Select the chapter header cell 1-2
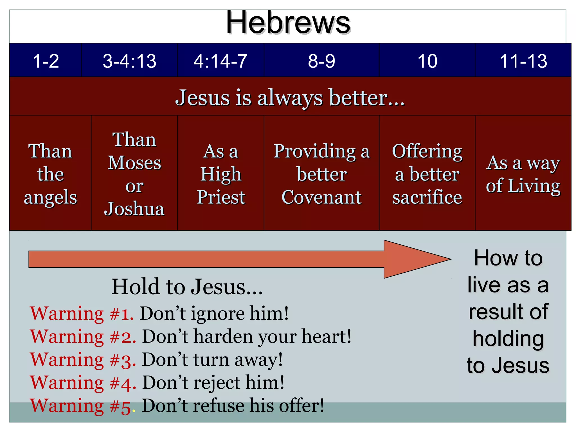tap(46, 61)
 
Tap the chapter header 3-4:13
tap(129, 61)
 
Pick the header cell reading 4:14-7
tap(220, 61)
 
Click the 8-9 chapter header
tap(321, 61)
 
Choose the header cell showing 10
tap(427, 61)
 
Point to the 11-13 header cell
tap(523, 61)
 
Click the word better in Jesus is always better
tap(359, 98)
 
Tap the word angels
tap(50, 197)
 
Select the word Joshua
tap(134, 209)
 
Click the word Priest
tap(221, 197)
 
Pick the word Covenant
tap(321, 197)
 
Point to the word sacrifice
tap(427, 197)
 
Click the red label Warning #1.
tap(82, 313)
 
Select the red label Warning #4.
tap(83, 383)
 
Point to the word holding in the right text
tap(508, 339)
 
